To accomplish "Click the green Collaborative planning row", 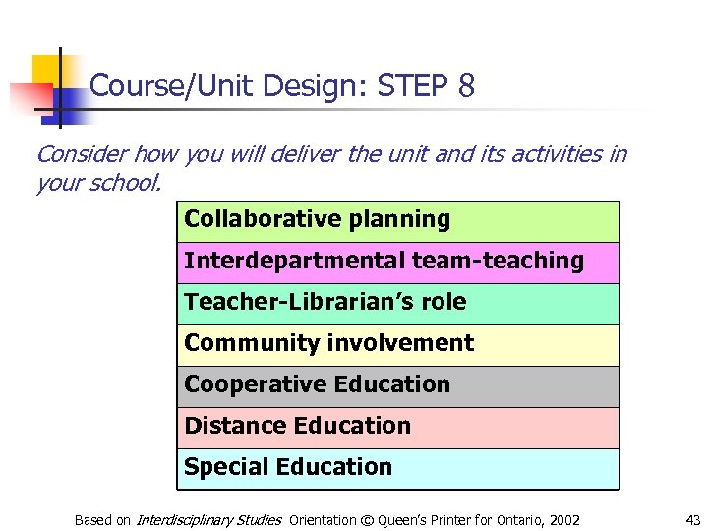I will pyautogui.click(x=398, y=220).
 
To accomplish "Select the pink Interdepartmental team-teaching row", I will pyautogui.click(x=398, y=262).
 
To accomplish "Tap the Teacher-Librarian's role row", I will pyautogui.click(x=398, y=303).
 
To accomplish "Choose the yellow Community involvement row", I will pyautogui.click(x=398, y=344).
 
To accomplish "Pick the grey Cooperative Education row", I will pyautogui.click(x=398, y=385).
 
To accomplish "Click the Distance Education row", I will pyautogui.click(x=398, y=427).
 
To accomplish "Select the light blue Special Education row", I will pyautogui.click(x=398, y=468).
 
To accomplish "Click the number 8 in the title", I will pyautogui.click(x=466, y=88).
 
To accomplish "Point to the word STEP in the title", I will pyautogui.click(x=412, y=88).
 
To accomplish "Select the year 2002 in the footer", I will pyautogui.click(x=563, y=520).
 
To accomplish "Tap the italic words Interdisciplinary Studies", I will pyautogui.click(x=208, y=520).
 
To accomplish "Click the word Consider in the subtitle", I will pyautogui.click(x=80, y=154).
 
